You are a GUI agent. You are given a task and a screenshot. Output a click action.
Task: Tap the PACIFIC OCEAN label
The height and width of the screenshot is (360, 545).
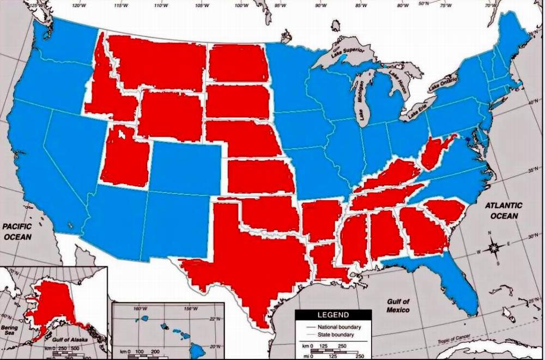[x=17, y=231]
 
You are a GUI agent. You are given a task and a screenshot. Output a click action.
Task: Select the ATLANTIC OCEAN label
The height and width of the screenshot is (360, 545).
[x=504, y=211]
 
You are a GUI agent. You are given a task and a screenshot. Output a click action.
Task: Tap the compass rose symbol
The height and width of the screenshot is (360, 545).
[x=494, y=248]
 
